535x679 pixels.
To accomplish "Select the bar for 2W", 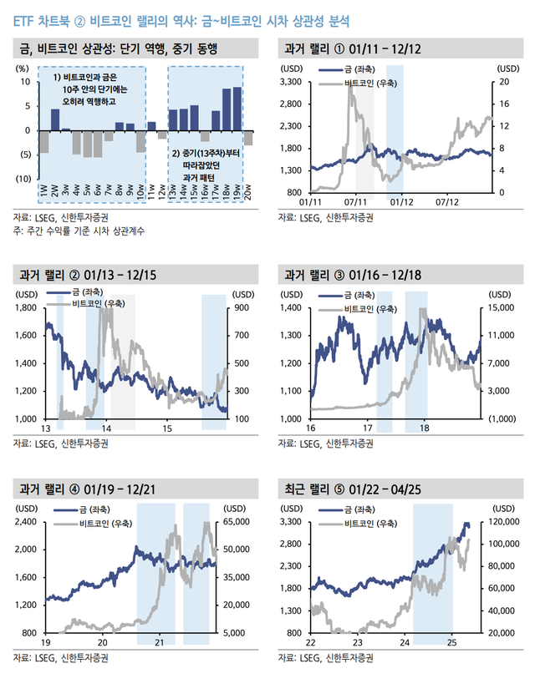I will point(55,119).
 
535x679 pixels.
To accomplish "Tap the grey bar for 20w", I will point(248,139).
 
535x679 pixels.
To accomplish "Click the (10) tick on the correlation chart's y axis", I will point(23,180).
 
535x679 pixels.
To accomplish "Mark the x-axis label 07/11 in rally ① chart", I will point(356,202).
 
